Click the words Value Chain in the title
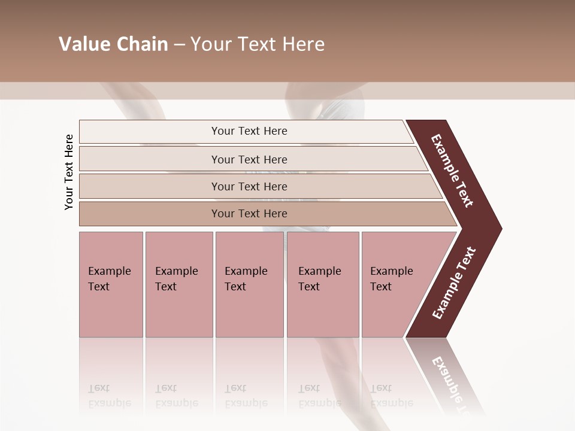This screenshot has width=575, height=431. click(113, 44)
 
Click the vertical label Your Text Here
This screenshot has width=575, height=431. click(69, 172)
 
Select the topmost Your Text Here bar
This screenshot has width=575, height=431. click(249, 131)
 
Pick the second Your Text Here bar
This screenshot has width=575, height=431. click(249, 159)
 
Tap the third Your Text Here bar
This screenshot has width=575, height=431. click(249, 186)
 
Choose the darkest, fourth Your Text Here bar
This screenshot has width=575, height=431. click(249, 214)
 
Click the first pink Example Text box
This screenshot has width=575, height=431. click(111, 284)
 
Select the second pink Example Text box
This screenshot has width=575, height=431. click(178, 284)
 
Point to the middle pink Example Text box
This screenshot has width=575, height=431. click(249, 284)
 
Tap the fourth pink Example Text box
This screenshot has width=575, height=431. click(323, 284)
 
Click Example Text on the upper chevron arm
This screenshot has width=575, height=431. click(452, 171)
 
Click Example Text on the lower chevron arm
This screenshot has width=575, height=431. click(454, 283)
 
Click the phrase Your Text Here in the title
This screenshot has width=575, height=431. click(258, 44)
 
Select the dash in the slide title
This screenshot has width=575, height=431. click(179, 44)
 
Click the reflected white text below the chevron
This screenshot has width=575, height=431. click(450, 383)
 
